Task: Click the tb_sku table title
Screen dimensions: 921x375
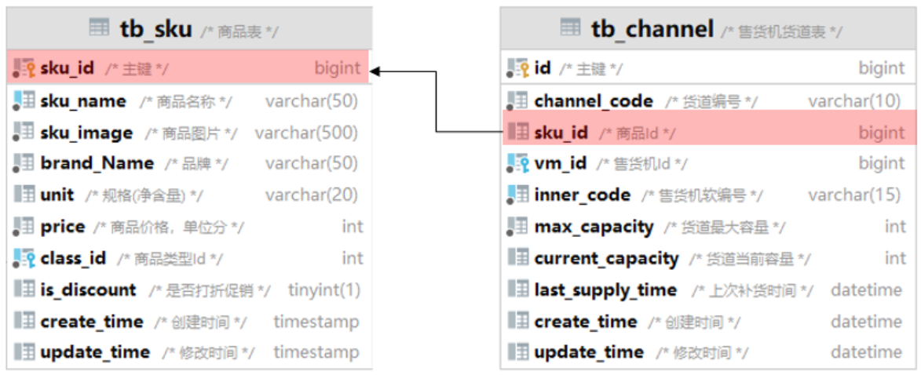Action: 155,29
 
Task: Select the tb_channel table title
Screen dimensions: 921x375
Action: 652,29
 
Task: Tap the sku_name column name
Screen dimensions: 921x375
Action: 83,101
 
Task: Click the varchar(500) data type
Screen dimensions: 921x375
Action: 306,133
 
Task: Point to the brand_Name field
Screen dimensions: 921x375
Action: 97,163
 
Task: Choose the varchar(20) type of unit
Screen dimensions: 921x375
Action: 311,195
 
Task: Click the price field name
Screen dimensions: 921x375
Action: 63,227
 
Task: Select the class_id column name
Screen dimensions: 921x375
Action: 73,258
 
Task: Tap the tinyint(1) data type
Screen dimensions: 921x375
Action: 323,289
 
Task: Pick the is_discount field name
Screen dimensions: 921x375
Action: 88,289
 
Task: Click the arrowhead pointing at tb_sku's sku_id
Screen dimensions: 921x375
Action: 375,71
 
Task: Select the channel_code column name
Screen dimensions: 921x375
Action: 593,101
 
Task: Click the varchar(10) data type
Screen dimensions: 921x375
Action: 854,101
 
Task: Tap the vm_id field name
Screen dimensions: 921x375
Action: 560,163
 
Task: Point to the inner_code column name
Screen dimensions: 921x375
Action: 582,195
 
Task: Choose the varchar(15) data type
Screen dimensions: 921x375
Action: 854,195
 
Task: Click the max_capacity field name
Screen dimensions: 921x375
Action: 594,227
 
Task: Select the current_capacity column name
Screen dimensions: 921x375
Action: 606,258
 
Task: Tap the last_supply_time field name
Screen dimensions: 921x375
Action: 605,290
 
